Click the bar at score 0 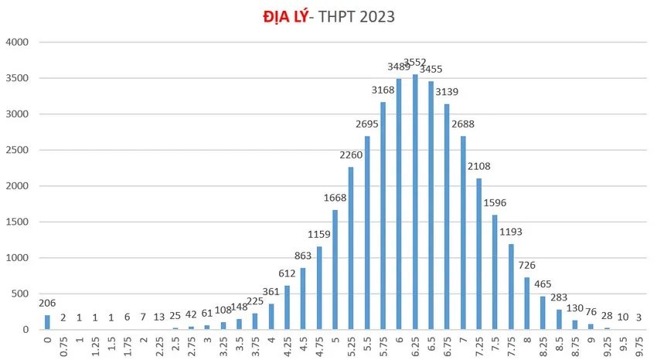47,322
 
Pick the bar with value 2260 351,249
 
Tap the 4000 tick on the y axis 17,42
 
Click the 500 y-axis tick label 20,294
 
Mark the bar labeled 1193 511,287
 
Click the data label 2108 479,167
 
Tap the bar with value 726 527,304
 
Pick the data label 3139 447,93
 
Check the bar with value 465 543,313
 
